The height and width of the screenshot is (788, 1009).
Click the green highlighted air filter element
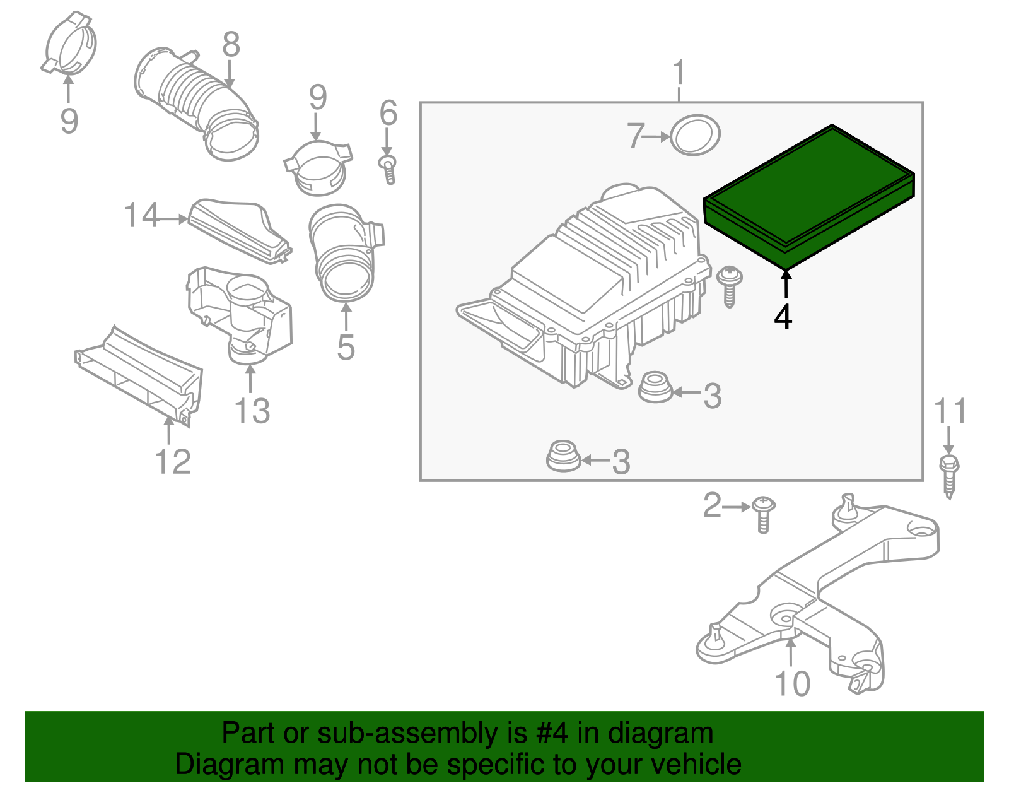click(x=809, y=196)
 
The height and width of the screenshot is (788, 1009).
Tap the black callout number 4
click(x=783, y=317)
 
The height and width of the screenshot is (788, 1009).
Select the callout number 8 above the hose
click(x=231, y=45)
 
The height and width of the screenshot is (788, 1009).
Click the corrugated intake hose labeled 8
click(x=195, y=101)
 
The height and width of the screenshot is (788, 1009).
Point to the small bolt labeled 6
click(x=388, y=168)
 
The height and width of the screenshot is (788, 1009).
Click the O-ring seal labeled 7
click(x=694, y=135)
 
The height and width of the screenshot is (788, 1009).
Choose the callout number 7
click(x=636, y=136)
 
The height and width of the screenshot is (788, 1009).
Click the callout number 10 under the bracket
click(x=792, y=684)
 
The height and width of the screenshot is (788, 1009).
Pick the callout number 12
click(x=173, y=462)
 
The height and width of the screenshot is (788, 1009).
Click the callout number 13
click(x=252, y=411)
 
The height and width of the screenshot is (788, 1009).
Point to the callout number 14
click(x=141, y=216)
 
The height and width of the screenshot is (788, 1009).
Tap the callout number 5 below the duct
click(x=346, y=348)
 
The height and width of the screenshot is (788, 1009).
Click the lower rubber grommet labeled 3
click(x=563, y=456)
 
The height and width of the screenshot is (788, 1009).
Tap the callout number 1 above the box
click(x=679, y=74)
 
